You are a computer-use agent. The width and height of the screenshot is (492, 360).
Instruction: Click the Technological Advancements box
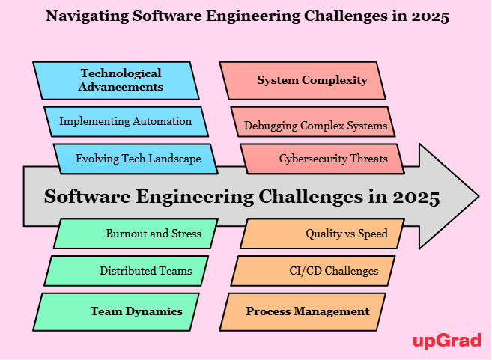(116, 81)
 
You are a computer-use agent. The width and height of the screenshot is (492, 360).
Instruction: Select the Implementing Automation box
(126, 122)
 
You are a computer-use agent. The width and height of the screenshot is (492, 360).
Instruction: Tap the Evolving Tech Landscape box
(136, 159)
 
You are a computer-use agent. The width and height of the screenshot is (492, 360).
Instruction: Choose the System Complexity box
(303, 81)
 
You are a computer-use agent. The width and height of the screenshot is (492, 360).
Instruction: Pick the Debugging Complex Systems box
(313, 122)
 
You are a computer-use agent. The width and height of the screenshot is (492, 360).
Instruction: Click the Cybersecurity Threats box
(322, 159)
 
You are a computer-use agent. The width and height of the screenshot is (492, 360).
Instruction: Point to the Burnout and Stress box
(136, 234)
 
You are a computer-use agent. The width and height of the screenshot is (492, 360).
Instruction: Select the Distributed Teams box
(126, 271)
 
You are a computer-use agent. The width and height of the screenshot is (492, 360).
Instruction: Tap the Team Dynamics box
(116, 311)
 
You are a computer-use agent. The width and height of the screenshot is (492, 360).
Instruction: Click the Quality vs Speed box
(322, 234)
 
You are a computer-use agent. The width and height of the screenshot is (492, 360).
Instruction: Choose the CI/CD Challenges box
(313, 271)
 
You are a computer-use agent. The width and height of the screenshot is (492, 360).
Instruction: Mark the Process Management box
(303, 311)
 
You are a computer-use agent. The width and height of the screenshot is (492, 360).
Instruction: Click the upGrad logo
(447, 341)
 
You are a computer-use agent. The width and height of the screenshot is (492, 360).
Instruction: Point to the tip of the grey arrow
(479, 196)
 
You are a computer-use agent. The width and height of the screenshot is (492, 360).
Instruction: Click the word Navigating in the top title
(87, 16)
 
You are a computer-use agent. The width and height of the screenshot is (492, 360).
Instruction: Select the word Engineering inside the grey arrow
(195, 198)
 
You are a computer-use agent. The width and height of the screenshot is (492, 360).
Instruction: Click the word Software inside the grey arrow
(87, 197)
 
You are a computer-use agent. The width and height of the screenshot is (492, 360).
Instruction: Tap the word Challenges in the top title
(346, 16)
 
